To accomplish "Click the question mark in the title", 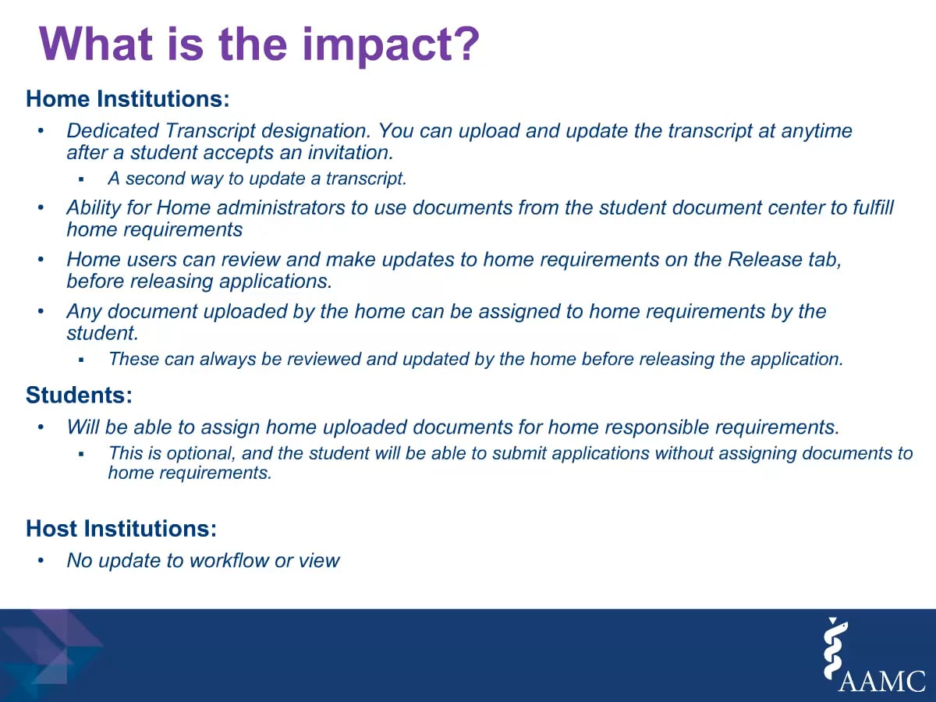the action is tap(464, 44).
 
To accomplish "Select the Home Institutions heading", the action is tap(128, 98).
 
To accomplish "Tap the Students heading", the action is tap(80, 395).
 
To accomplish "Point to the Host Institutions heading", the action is tap(122, 528).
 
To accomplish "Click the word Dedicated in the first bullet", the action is tap(112, 130).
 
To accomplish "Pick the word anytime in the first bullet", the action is tap(816, 131).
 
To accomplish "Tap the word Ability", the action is tap(94, 208).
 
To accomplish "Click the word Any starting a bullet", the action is tap(84, 311).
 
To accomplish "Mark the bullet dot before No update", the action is tap(41, 560).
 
